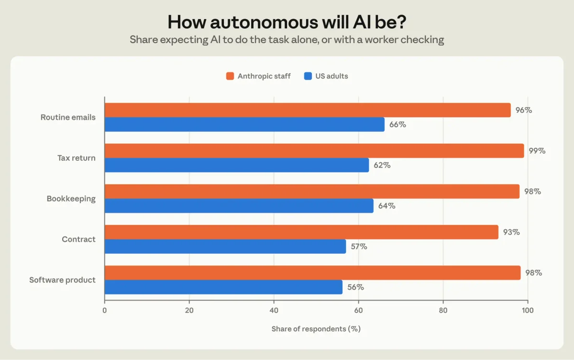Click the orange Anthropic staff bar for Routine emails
point(308,110)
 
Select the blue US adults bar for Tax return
point(237,165)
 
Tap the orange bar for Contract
point(302,232)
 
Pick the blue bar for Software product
point(223,287)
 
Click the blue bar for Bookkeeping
point(239,206)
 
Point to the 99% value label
point(537,151)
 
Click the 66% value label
point(397,124)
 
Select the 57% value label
point(359,247)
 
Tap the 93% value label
point(511,232)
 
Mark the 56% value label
point(356,287)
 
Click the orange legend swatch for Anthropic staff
point(230,76)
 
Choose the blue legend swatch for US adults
point(308,76)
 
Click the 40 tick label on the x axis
point(274,311)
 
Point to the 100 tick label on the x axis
point(528,311)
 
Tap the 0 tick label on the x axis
point(105,311)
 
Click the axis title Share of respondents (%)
point(316,329)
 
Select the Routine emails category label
point(68,117)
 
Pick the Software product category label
point(62,280)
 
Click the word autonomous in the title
point(264,22)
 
